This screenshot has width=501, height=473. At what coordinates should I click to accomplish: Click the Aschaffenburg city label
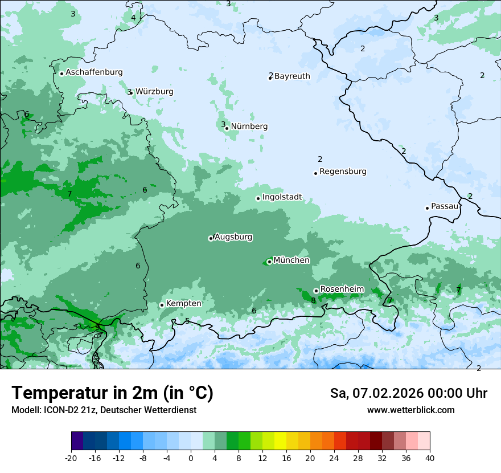click(x=94, y=72)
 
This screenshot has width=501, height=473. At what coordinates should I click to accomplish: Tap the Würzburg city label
click(x=154, y=92)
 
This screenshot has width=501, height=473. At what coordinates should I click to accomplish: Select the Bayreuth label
click(x=292, y=76)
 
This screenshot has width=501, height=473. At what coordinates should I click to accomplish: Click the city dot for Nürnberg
click(x=227, y=128)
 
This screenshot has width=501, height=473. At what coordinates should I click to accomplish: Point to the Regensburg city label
click(x=343, y=172)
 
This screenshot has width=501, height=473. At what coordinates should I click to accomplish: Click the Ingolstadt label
click(x=282, y=197)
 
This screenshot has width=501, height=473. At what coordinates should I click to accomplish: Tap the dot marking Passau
click(x=427, y=208)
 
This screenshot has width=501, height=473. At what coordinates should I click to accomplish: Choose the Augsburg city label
click(x=233, y=237)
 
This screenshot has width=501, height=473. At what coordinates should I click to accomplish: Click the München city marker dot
click(x=269, y=262)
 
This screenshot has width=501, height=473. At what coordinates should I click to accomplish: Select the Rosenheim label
click(x=342, y=289)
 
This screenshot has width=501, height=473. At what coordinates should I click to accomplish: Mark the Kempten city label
click(x=183, y=304)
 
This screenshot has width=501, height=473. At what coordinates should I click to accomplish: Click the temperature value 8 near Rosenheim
click(x=313, y=300)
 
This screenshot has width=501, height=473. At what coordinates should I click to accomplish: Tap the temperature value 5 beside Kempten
click(x=187, y=321)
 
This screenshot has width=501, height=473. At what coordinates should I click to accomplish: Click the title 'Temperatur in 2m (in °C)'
click(x=112, y=393)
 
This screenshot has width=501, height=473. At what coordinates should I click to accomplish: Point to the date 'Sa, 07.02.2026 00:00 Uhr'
click(x=408, y=393)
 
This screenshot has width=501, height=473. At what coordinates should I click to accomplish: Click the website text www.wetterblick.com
click(x=410, y=410)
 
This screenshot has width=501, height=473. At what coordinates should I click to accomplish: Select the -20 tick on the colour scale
click(x=71, y=458)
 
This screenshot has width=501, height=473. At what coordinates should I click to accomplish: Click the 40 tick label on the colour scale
click(x=430, y=458)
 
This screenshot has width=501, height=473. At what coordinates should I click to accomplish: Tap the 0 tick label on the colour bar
click(x=191, y=458)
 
